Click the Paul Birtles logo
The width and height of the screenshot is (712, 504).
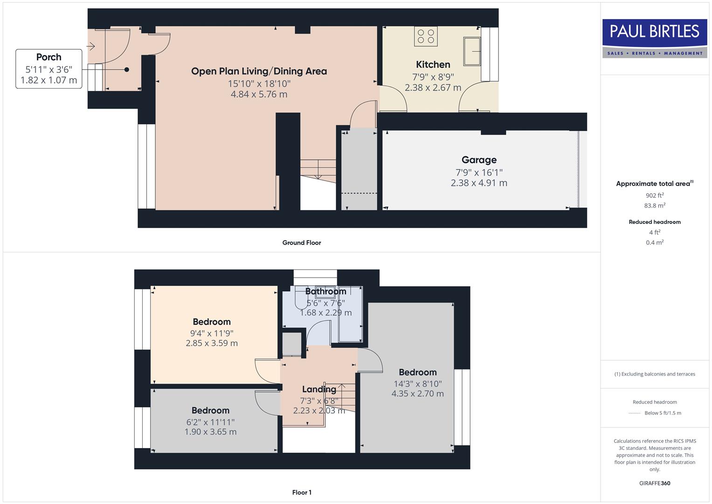tap(654, 38)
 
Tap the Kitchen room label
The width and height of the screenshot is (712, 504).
tap(433, 64)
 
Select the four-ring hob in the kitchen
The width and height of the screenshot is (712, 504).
tap(426, 36)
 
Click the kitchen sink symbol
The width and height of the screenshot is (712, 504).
tap(472, 51)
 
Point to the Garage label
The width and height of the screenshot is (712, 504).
tap(479, 160)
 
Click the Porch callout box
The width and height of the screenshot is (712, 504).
tap(48, 69)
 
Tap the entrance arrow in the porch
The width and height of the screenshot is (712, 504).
tap(91, 46)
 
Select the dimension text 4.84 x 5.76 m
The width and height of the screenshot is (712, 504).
tap(259, 94)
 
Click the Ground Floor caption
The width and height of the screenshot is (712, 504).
tap(301, 243)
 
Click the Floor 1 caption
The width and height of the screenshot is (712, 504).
tap(301, 492)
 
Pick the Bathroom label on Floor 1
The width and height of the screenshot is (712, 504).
tap(325, 292)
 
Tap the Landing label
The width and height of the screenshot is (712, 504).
tap(318, 389)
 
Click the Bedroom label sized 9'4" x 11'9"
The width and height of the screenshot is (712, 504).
tap(212, 322)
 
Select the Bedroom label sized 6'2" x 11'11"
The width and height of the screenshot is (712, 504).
tap(210, 411)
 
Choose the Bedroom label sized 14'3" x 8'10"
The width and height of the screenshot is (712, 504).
tap(417, 372)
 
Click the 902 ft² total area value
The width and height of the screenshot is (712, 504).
tap(654, 196)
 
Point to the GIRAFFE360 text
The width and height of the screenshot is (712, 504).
tap(654, 483)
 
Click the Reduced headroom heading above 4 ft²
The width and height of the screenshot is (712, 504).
tap(654, 222)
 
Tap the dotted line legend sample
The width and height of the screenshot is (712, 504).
tap(634, 413)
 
